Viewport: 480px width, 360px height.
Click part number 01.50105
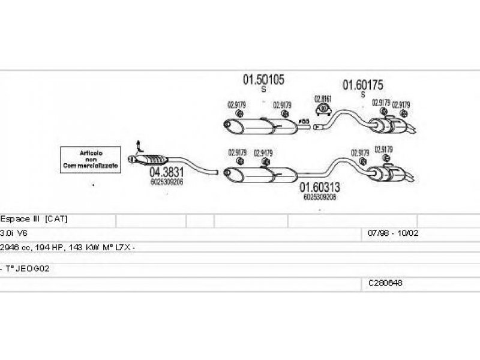(x=263, y=79)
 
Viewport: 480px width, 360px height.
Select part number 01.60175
(x=362, y=85)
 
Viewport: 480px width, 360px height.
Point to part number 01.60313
(x=320, y=187)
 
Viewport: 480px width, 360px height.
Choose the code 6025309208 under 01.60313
(x=320, y=196)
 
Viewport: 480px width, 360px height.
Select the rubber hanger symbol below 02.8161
(x=323, y=109)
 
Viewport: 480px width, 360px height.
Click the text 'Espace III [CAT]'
(x=34, y=219)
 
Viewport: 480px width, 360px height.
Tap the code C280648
(x=386, y=282)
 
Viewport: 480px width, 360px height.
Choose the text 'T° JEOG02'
(x=27, y=269)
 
